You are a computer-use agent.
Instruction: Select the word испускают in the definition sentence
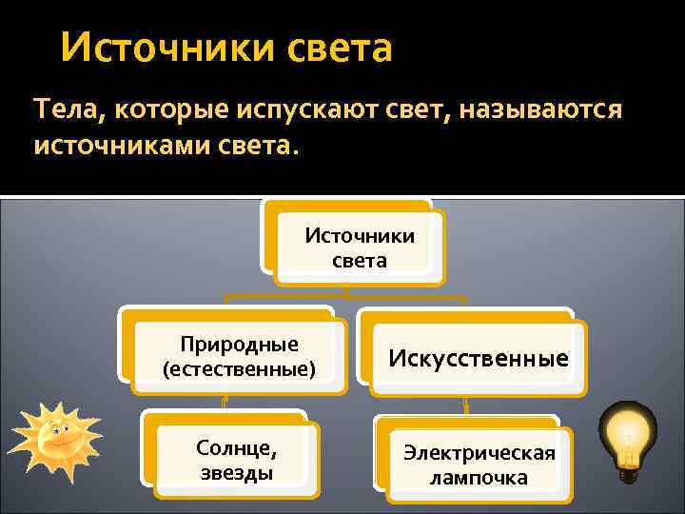(x=300, y=110)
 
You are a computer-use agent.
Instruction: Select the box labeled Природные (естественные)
(x=239, y=355)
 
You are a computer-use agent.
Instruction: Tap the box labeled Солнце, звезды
(x=237, y=459)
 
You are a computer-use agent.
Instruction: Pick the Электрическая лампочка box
(x=478, y=465)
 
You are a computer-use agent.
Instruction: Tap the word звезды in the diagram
(x=237, y=472)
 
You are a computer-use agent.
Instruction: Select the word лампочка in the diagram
(x=479, y=478)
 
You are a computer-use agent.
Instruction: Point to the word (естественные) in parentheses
(x=239, y=366)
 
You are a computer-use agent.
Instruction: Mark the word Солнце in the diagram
(x=236, y=447)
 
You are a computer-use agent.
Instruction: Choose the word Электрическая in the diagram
(x=479, y=453)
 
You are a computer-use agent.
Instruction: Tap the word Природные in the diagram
(x=239, y=343)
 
